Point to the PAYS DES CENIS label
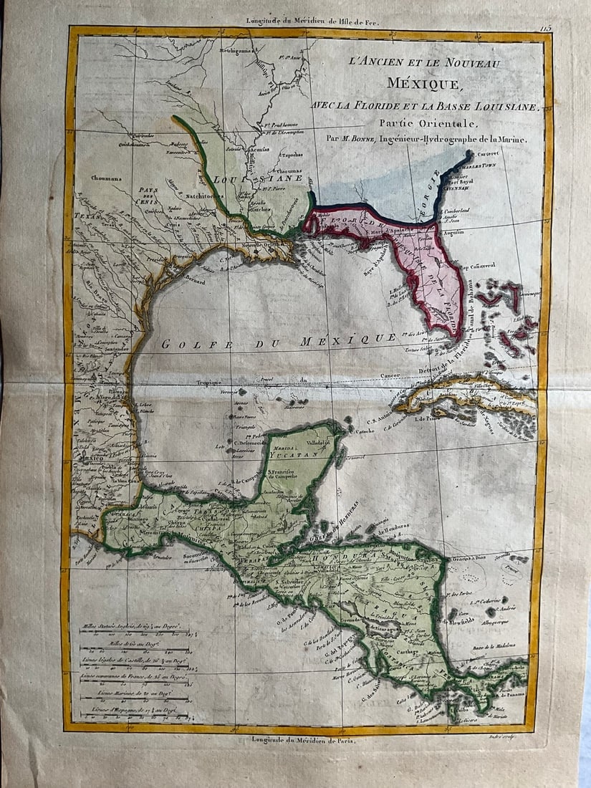(148, 193)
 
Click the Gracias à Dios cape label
(488, 559)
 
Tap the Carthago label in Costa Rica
(403, 653)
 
